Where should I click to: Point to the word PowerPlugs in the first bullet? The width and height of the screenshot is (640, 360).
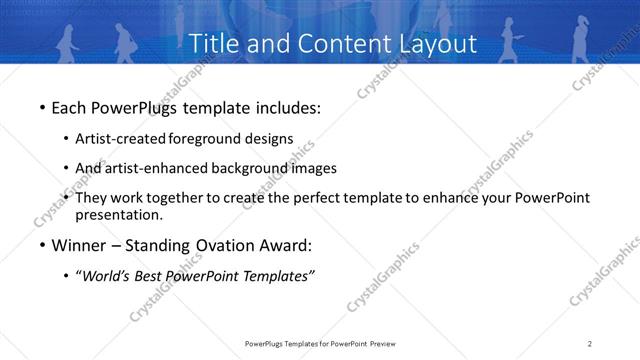tap(131, 106)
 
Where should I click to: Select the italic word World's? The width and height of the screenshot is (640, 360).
tap(105, 276)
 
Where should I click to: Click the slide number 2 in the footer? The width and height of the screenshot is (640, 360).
tap(589, 345)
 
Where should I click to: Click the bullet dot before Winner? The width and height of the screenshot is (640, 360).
tap(41, 246)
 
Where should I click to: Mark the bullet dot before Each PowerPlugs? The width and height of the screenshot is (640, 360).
tap(41, 106)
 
